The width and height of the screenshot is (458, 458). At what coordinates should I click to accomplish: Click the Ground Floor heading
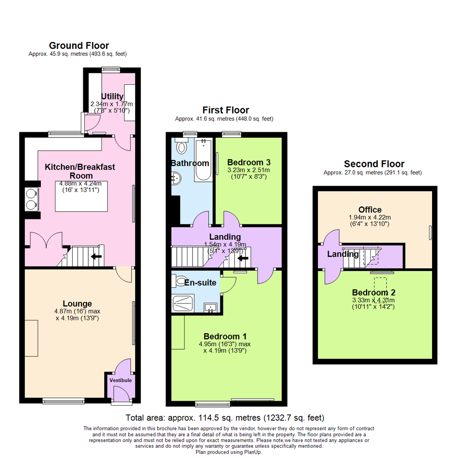[x=79, y=45]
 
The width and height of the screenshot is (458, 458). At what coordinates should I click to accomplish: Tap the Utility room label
[x=112, y=97]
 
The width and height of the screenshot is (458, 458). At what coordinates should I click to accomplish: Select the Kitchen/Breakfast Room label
[x=80, y=171]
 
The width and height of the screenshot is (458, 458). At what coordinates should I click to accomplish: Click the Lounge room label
[x=77, y=304]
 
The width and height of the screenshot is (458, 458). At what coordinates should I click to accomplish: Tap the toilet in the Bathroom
[x=182, y=147]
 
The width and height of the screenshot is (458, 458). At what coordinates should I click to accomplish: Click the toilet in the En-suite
[x=181, y=281]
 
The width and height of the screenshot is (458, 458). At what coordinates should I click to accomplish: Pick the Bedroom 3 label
[x=249, y=162]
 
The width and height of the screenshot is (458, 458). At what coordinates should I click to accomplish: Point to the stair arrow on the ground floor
[x=97, y=257]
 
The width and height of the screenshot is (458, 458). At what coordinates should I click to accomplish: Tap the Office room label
[x=370, y=209]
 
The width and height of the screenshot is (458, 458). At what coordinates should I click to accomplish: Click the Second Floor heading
[x=374, y=164]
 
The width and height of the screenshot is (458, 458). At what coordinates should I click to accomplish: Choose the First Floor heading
[x=225, y=110]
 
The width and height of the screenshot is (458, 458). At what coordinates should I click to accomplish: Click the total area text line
[x=225, y=417]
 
